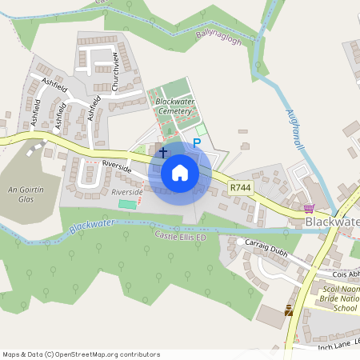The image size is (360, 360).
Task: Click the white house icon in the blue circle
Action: click(x=180, y=172)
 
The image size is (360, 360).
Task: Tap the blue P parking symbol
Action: click(x=196, y=143)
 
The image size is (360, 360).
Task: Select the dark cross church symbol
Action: click(x=163, y=151)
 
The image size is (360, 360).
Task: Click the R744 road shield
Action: click(x=239, y=187)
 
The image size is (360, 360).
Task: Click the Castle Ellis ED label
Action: click(x=181, y=237)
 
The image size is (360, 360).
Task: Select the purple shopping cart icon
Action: click(x=309, y=208)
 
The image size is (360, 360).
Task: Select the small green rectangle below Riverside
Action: click(x=127, y=205)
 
